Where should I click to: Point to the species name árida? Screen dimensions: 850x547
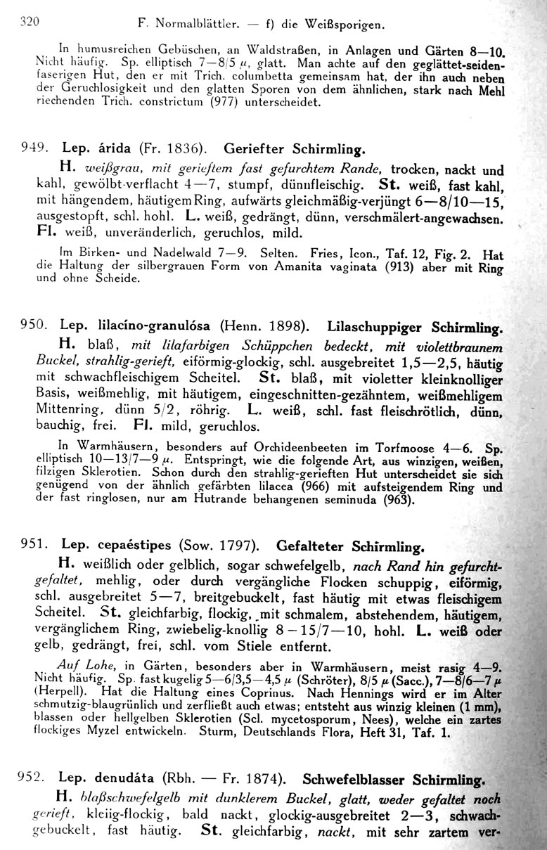[108, 150]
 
